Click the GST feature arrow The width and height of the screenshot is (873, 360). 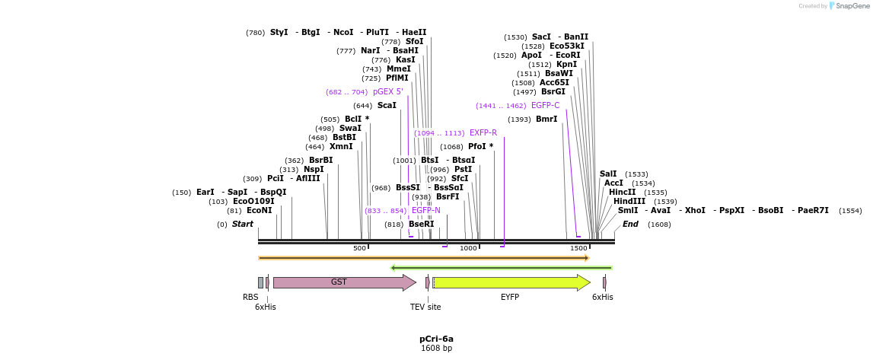point(339,282)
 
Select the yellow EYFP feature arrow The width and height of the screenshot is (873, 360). point(510,282)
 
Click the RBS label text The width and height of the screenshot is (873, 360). point(250,297)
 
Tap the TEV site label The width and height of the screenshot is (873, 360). point(425,307)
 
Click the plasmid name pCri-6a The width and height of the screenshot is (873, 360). point(436,339)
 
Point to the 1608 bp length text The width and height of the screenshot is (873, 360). point(436,349)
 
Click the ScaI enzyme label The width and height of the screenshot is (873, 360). point(387,106)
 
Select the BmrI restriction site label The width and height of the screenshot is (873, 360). point(546,119)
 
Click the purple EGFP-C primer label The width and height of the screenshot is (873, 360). point(545,106)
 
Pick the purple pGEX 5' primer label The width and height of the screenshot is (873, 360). point(387,92)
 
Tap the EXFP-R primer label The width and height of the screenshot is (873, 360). point(483,133)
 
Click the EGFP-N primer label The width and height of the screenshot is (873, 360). point(425,211)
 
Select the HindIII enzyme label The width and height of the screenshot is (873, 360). point(629,202)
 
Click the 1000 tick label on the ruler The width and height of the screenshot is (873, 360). point(468,248)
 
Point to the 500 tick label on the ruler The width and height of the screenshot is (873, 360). point(359,248)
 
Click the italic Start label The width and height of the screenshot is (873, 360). point(242,225)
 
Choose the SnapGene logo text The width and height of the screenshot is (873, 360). point(852,6)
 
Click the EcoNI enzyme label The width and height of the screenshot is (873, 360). point(259,211)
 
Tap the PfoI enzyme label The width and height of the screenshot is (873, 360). point(477,147)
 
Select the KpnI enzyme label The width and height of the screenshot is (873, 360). point(566,65)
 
